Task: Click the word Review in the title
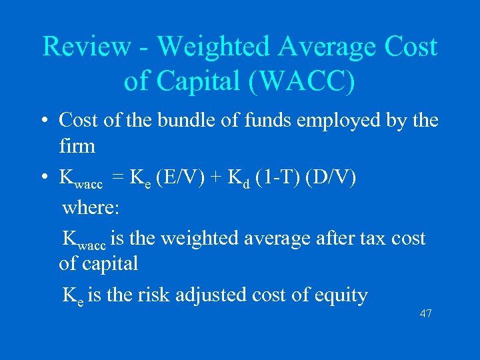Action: point(87,47)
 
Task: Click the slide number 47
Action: point(426,313)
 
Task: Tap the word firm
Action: point(77,145)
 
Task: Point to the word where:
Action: point(90,207)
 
